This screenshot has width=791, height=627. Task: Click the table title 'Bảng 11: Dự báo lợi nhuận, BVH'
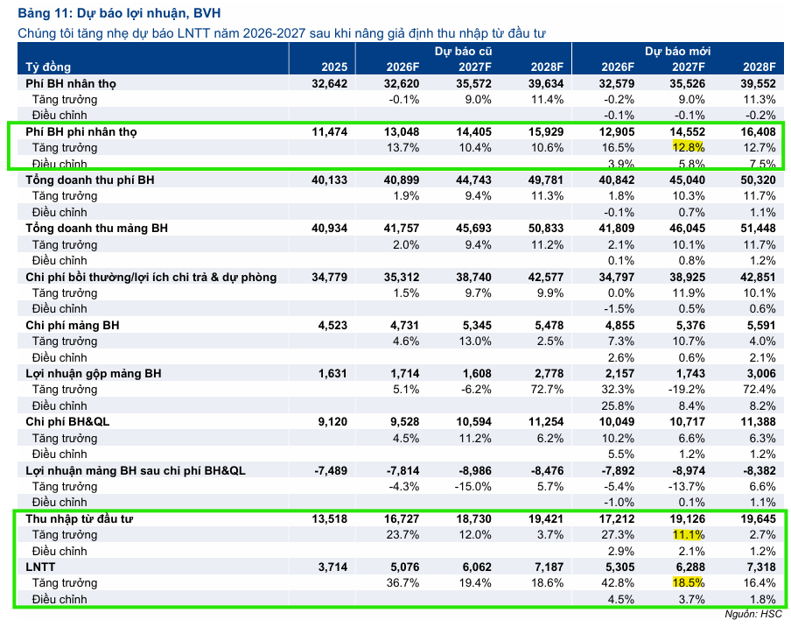[x=119, y=13]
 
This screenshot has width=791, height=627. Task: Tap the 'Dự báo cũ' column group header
[x=463, y=51]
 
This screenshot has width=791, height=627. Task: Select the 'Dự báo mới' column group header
[x=677, y=51]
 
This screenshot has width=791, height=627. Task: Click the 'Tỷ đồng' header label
[x=48, y=67]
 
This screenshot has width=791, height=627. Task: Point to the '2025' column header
[x=334, y=67]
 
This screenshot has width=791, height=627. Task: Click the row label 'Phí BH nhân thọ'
[x=71, y=84]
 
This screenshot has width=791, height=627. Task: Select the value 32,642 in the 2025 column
[x=329, y=84]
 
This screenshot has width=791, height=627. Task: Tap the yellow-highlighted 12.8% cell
[x=689, y=147]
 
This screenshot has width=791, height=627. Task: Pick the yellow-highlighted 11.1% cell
[x=689, y=535]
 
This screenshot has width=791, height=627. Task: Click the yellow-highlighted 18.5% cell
[x=689, y=582]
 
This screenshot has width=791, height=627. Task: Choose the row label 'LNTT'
[x=40, y=567]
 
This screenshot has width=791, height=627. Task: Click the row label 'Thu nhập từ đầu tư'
[x=80, y=519]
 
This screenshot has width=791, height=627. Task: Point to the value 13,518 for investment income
[x=329, y=519]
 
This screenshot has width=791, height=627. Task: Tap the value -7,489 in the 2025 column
[x=331, y=470]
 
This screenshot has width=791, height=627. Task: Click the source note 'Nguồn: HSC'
[x=753, y=614]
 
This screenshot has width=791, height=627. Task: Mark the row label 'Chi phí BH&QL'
[x=67, y=422]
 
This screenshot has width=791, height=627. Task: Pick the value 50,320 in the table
[x=758, y=180]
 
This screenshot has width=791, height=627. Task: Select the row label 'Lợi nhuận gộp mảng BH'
[x=94, y=374]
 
